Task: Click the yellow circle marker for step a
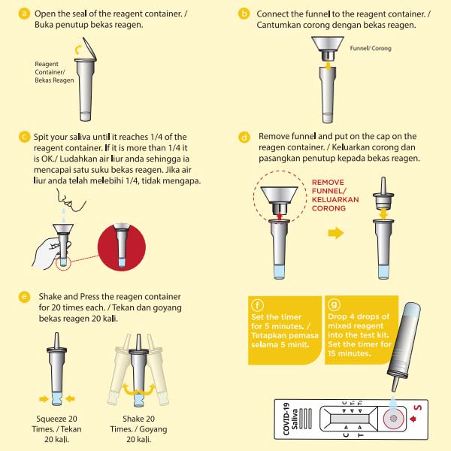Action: [24, 14]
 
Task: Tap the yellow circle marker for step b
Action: [244, 14]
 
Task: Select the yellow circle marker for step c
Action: [24, 137]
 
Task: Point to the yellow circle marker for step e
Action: [24, 297]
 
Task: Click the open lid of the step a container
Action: [89, 49]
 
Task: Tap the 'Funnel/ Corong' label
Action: [371, 48]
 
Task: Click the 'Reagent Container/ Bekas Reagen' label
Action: [54, 72]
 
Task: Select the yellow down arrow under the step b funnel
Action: [328, 66]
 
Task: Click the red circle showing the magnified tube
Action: [122, 247]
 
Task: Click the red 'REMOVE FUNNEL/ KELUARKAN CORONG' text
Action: [335, 195]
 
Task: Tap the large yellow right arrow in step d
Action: [336, 232]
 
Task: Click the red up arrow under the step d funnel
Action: [279, 216]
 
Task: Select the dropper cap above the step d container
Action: [383, 194]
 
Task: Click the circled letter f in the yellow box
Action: [257, 305]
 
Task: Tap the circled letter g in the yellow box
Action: [334, 304]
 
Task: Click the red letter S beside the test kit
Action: [417, 408]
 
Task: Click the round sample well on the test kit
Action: [393, 418]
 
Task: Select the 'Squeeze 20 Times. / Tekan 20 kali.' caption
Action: [56, 429]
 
